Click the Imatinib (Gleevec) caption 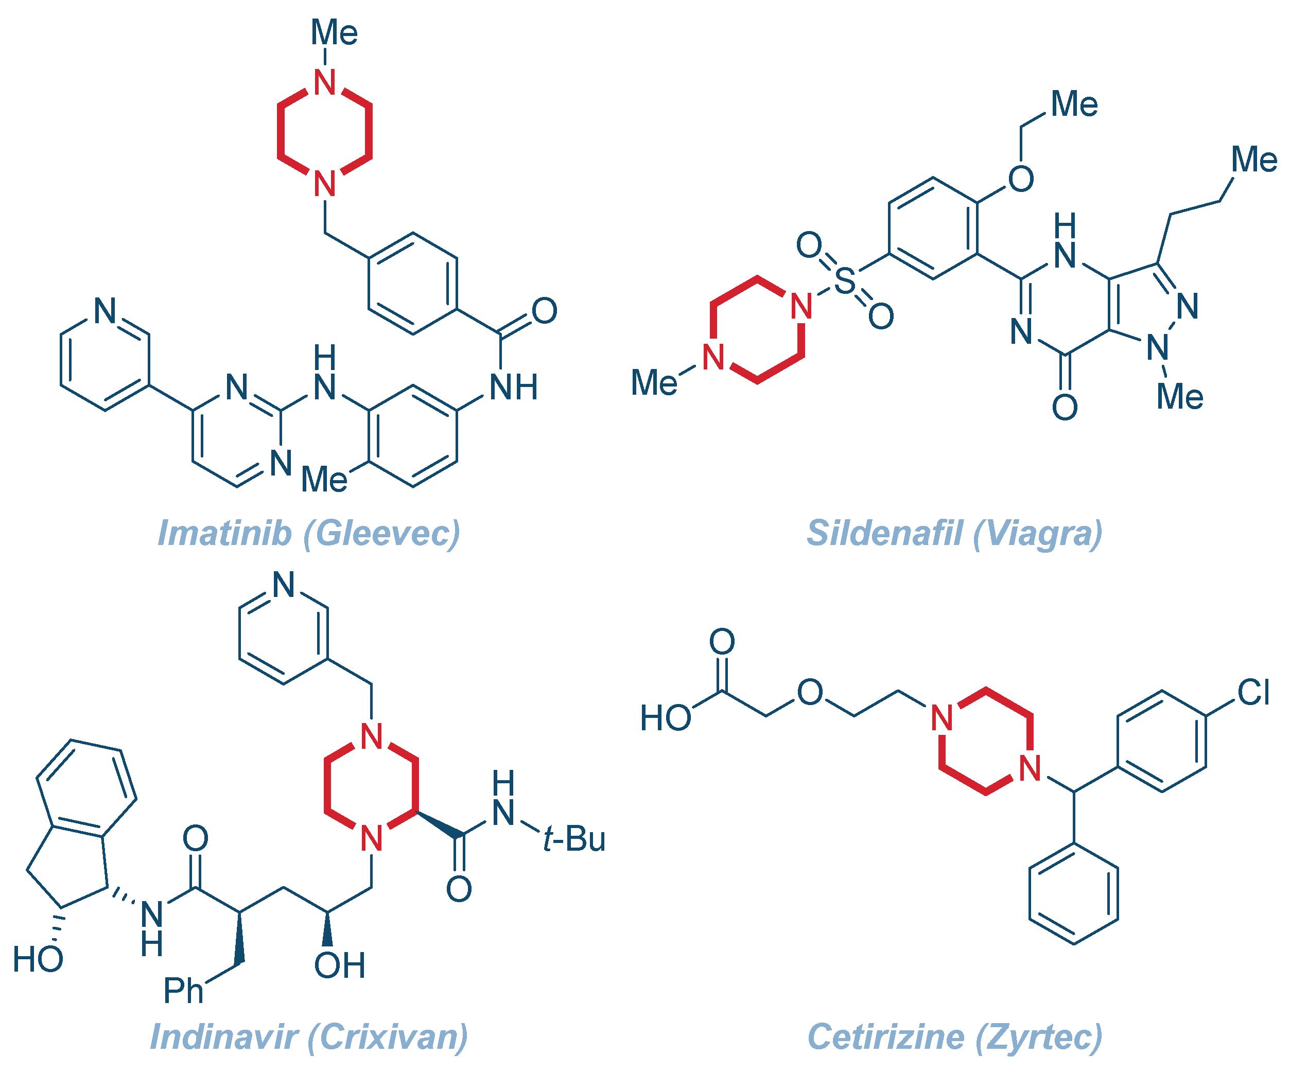click(x=309, y=533)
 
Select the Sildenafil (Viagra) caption click(x=954, y=533)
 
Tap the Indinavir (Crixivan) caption click(x=309, y=1037)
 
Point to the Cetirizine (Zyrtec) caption click(x=954, y=1037)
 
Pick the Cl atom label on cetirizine click(x=1253, y=693)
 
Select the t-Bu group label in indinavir click(x=574, y=839)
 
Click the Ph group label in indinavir click(x=183, y=991)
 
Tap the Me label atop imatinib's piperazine click(x=334, y=32)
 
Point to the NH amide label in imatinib click(x=514, y=388)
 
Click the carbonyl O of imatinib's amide click(x=544, y=311)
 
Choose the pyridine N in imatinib click(x=105, y=311)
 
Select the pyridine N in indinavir click(x=284, y=585)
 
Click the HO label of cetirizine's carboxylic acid click(x=665, y=718)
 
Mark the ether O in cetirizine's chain click(x=810, y=692)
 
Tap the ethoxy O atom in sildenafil click(x=1020, y=179)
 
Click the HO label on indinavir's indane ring click(x=38, y=959)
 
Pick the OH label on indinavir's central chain click(x=340, y=965)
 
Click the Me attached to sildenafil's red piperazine click(x=654, y=383)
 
